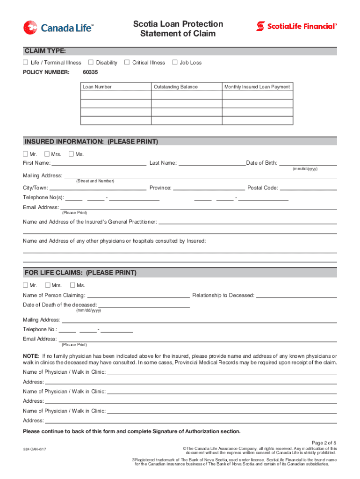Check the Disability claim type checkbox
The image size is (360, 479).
(91, 62)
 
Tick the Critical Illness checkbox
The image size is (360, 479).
(127, 62)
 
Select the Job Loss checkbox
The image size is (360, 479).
(175, 62)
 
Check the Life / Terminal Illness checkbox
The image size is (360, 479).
(26, 62)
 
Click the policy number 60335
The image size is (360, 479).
(90, 73)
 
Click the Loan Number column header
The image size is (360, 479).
(97, 87)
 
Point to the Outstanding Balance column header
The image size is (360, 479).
(176, 87)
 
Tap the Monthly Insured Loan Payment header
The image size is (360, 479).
(257, 87)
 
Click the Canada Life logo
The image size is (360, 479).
(58, 28)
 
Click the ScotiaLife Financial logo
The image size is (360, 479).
(296, 26)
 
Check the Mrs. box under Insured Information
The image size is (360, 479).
(47, 154)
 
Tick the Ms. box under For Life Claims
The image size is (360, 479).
(72, 285)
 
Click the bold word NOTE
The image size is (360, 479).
(31, 356)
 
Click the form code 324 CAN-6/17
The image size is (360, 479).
(35, 449)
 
